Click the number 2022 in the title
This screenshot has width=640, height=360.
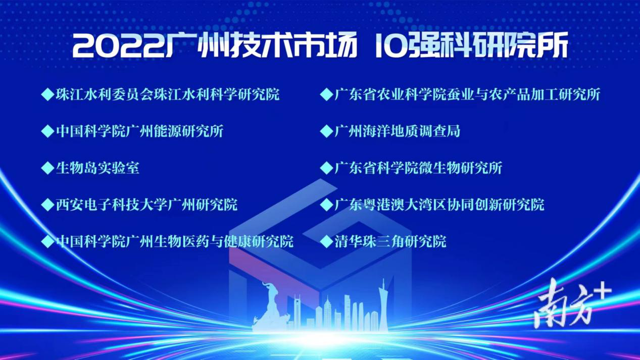pyautogui.click(x=119, y=46)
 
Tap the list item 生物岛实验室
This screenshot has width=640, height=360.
pyautogui.click(x=97, y=168)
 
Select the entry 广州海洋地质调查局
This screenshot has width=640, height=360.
pyautogui.click(x=397, y=131)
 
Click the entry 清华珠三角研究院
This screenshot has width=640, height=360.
pyautogui.click(x=390, y=241)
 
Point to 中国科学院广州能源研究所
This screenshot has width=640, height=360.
pyautogui.click(x=139, y=131)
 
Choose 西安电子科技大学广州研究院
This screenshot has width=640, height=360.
pyautogui.click(x=146, y=204)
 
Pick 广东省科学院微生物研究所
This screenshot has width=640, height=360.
pyautogui.click(x=418, y=168)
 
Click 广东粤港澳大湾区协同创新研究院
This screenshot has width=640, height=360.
pyautogui.click(x=439, y=204)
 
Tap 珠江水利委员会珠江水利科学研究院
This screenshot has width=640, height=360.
pyautogui.click(x=167, y=94)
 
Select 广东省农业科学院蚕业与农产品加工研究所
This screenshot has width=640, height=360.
pyautogui.click(x=467, y=94)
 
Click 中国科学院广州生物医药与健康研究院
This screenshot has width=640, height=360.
pyautogui.click(x=175, y=241)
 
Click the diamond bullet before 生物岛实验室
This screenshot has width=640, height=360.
pyautogui.click(x=47, y=168)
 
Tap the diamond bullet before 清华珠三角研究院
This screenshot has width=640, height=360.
pyautogui.click(x=327, y=241)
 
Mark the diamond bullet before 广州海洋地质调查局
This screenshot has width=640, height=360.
pyautogui.click(x=327, y=131)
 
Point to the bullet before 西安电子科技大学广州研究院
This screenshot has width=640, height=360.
pyautogui.click(x=47, y=204)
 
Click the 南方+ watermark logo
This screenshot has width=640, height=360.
pyautogui.click(x=572, y=303)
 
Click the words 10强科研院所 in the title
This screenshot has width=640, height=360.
pyautogui.click(x=471, y=46)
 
